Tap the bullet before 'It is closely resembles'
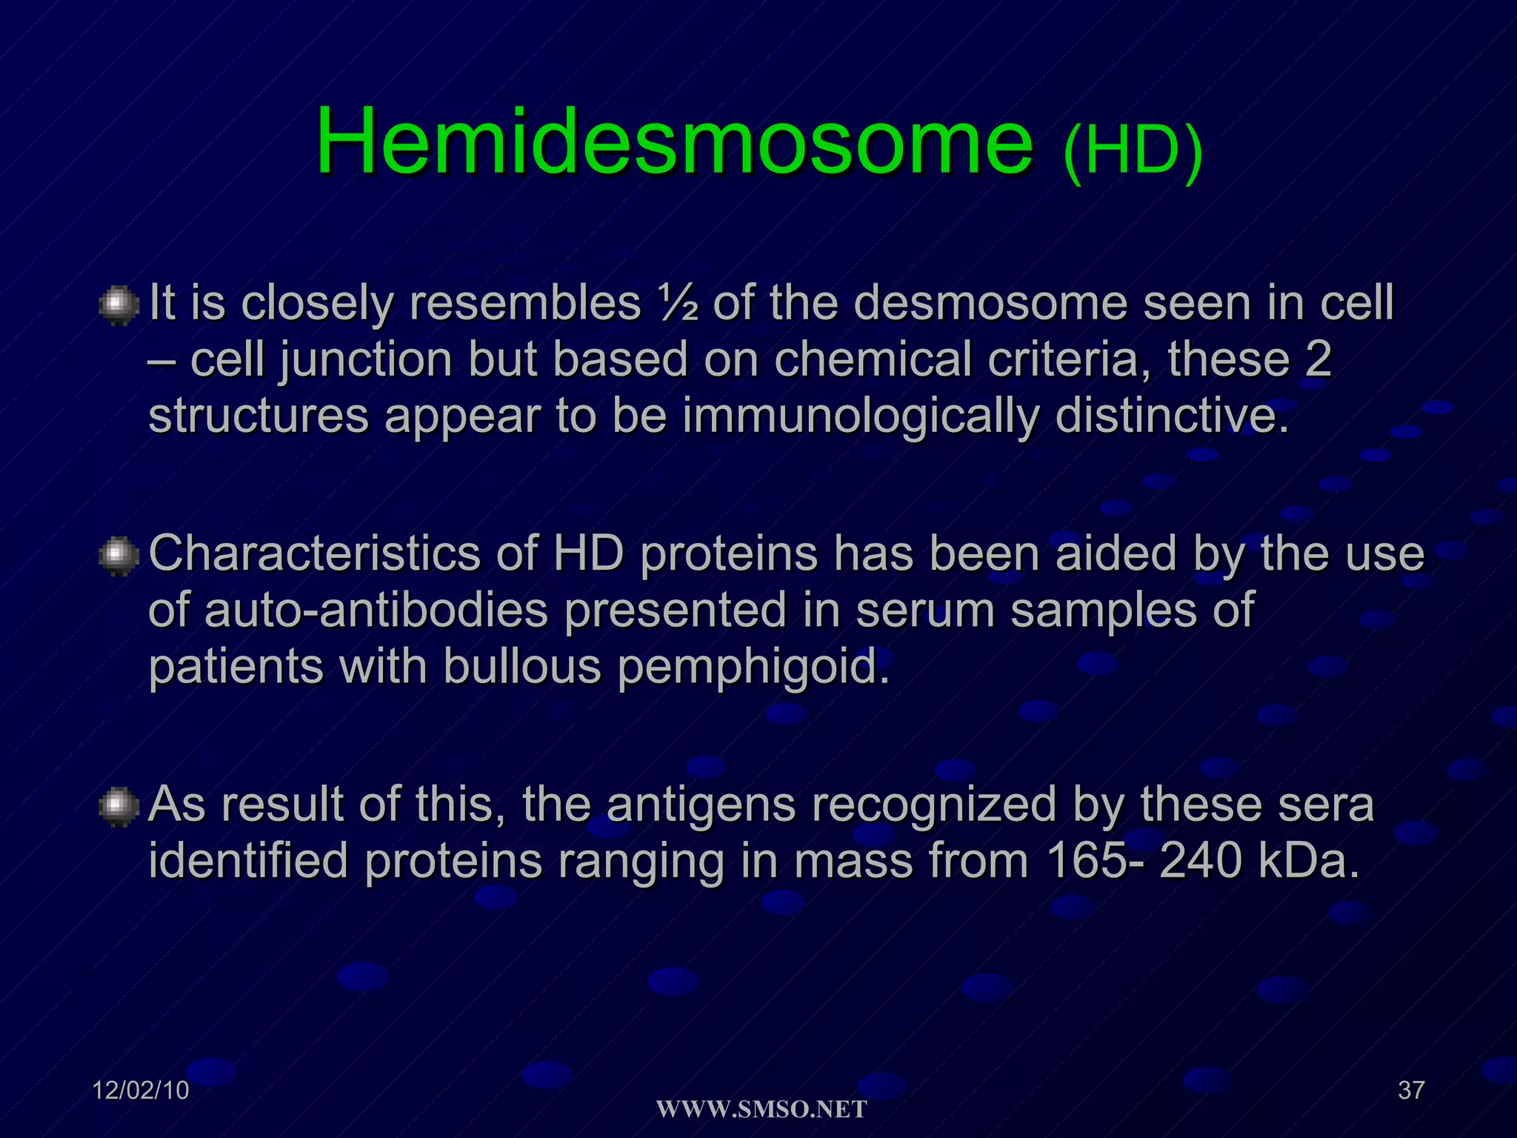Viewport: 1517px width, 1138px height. tap(119, 306)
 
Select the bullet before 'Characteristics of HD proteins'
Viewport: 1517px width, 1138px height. tap(119, 556)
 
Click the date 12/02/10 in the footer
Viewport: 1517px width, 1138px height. tap(141, 1091)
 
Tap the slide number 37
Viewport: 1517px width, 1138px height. tap(1411, 1091)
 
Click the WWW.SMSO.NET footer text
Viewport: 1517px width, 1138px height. tap(761, 1110)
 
